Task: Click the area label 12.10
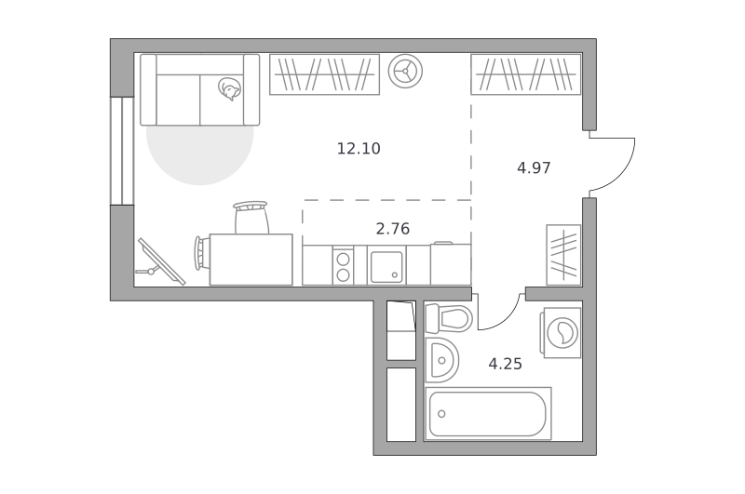tap(359, 149)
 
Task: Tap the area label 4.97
tap(534, 168)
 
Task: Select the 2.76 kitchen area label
tap(392, 229)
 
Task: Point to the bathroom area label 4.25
tap(505, 364)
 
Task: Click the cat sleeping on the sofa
tap(229, 88)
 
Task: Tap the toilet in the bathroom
tap(449, 317)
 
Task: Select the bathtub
tap(488, 413)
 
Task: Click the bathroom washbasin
tap(441, 360)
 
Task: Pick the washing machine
tap(561, 332)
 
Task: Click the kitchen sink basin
tap(386, 267)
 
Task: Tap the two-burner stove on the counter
tap(343, 266)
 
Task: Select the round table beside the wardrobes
tap(405, 72)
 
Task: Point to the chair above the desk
tap(251, 217)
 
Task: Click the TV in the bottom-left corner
tap(159, 262)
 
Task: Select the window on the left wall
tap(122, 151)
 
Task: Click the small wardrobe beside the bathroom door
tap(563, 255)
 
